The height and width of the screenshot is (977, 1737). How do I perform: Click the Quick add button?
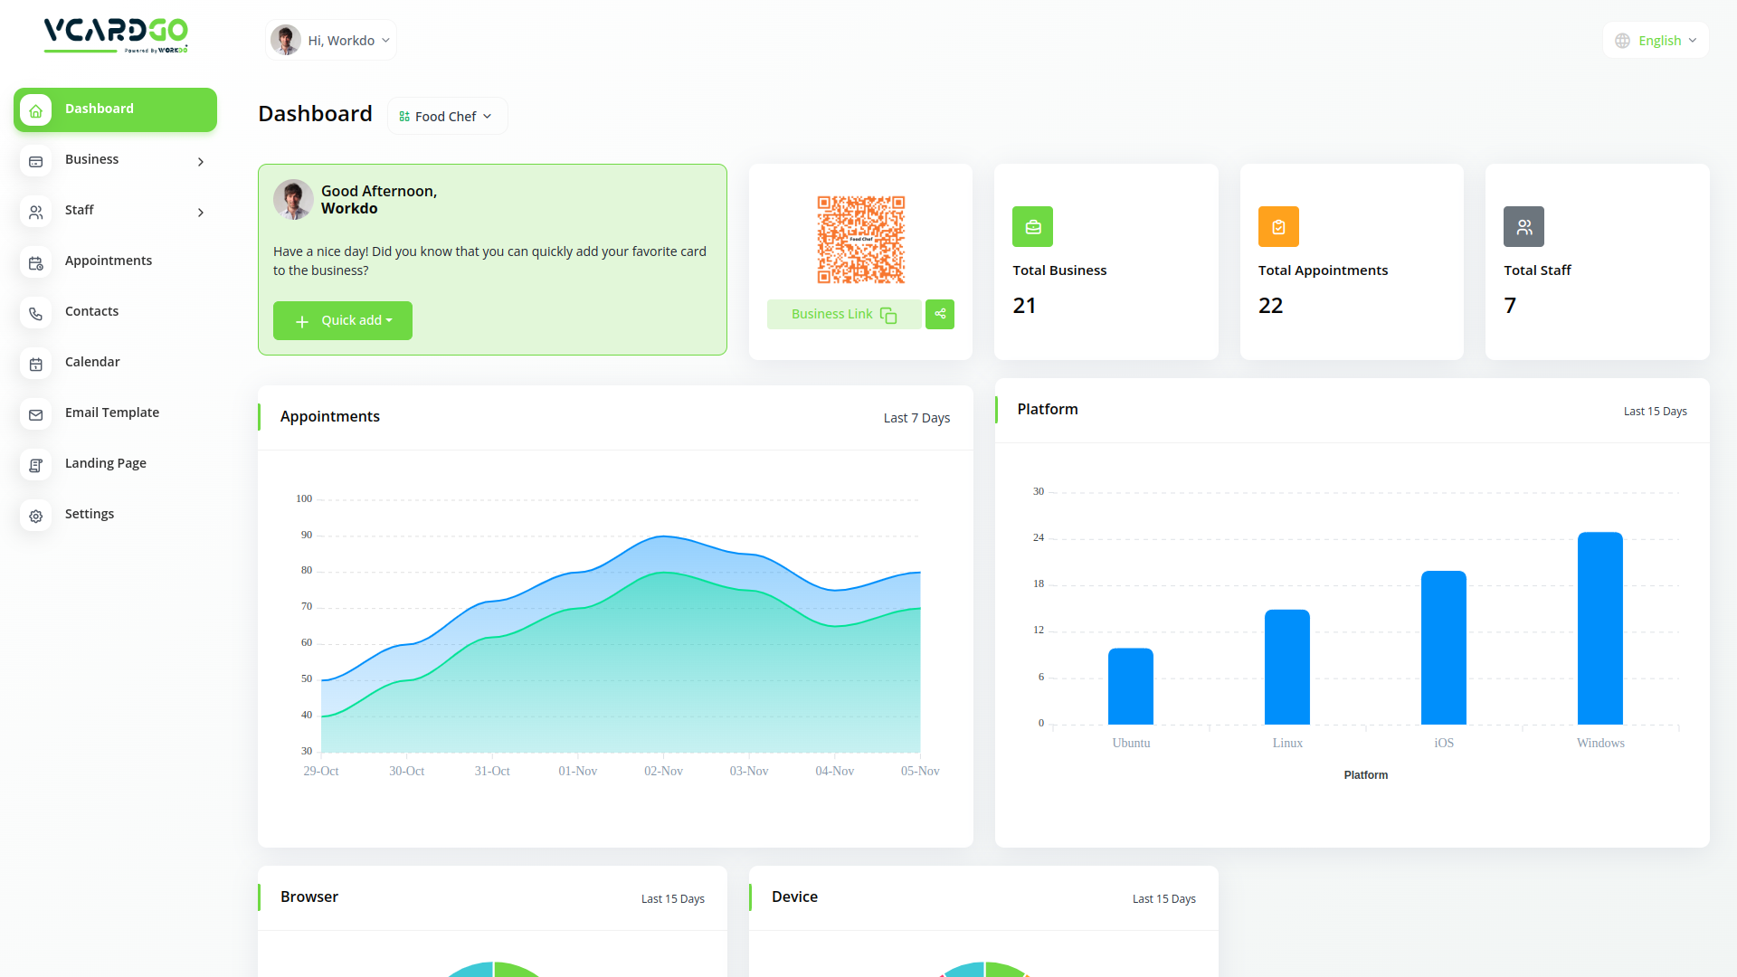(x=342, y=321)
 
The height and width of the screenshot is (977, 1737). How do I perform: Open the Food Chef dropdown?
(x=447, y=117)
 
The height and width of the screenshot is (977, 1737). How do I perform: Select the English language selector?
(x=1656, y=41)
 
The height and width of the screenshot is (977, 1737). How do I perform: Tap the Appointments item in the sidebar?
(x=109, y=261)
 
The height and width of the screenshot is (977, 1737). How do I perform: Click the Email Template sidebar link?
(x=112, y=413)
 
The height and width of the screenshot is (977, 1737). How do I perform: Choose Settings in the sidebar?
(x=90, y=515)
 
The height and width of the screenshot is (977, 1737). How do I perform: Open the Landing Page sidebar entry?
(x=106, y=464)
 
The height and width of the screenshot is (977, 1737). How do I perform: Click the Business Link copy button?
(x=843, y=315)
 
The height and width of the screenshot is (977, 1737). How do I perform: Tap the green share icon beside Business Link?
(x=940, y=315)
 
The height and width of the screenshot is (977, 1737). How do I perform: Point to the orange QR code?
(x=860, y=240)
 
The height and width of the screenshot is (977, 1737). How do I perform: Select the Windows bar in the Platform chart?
(x=1599, y=628)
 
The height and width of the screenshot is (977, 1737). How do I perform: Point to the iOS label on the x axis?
(x=1444, y=744)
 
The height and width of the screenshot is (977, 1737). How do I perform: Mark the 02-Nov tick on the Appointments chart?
(x=663, y=772)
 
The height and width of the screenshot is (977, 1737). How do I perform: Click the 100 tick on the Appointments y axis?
(x=304, y=499)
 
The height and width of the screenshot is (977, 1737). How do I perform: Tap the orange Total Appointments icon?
(x=1278, y=227)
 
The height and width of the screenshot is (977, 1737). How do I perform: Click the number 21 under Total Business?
(x=1024, y=306)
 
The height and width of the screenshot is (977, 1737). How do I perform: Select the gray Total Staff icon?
(x=1523, y=227)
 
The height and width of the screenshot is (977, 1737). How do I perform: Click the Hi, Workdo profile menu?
(x=331, y=41)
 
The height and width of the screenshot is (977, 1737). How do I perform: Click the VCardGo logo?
(x=116, y=35)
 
